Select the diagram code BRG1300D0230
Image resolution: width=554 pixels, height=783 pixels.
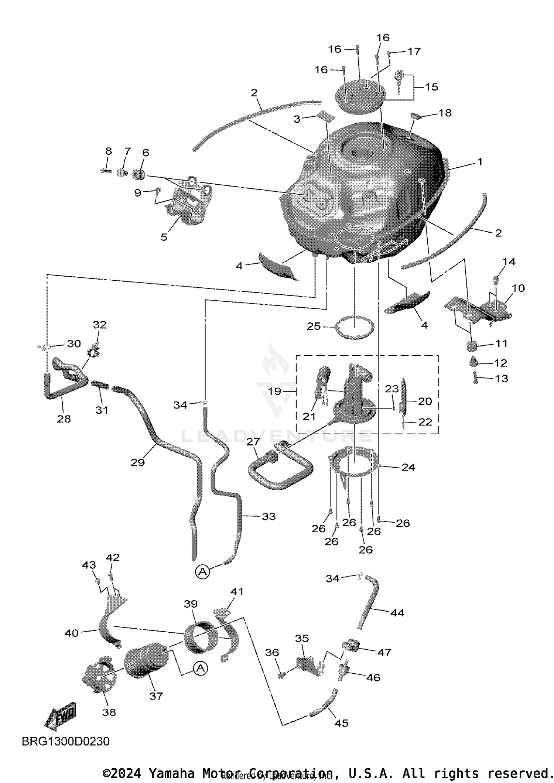click(65, 741)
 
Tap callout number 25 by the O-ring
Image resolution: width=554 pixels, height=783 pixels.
click(314, 326)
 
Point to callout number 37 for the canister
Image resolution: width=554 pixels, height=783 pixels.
click(156, 696)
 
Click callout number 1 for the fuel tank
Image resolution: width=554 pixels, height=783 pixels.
click(479, 161)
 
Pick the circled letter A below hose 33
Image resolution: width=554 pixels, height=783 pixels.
click(202, 572)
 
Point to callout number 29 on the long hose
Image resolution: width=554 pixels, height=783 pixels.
click(137, 462)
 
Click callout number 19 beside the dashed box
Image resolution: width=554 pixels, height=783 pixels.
click(274, 391)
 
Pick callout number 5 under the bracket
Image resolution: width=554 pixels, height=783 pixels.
click(164, 237)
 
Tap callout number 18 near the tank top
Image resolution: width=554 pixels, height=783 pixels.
click(445, 113)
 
